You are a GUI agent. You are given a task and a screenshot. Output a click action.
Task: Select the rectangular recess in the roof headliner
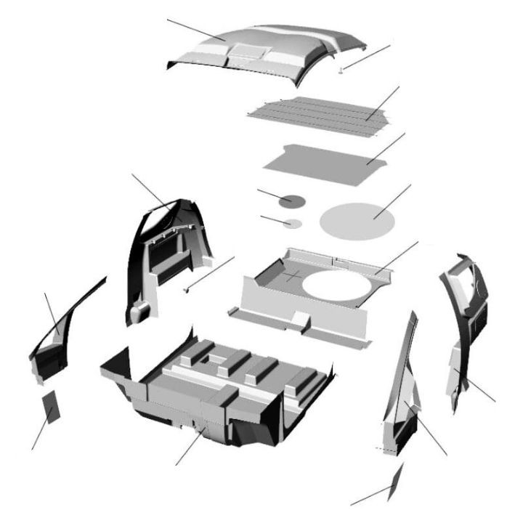[x=248, y=51]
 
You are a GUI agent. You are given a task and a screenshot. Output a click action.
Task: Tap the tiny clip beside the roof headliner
[x=341, y=70]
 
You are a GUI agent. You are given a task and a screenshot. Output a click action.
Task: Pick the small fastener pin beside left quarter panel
[x=187, y=289]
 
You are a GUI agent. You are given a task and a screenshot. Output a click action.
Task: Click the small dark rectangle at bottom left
[x=52, y=408]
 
